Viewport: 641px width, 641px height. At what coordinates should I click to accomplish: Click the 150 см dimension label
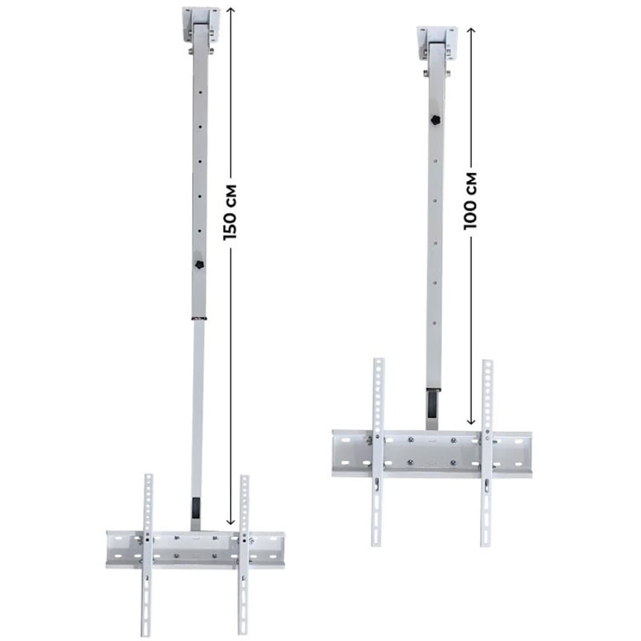[230, 212]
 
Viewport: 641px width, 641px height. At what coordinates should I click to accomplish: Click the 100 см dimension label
[470, 201]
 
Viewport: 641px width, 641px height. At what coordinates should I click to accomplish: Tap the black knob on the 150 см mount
[200, 264]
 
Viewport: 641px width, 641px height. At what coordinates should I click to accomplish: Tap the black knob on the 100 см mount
[436, 119]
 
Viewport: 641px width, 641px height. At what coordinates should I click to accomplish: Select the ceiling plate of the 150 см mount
[201, 25]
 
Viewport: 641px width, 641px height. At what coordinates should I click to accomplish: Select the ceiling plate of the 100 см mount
[437, 44]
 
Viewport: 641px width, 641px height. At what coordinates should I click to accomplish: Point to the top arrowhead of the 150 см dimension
[231, 10]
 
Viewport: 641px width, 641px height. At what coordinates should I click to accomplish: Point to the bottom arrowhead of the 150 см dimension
[231, 522]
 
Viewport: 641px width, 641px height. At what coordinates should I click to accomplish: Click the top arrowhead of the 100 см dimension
[471, 30]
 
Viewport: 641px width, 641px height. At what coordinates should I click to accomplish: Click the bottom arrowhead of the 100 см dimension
[471, 421]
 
